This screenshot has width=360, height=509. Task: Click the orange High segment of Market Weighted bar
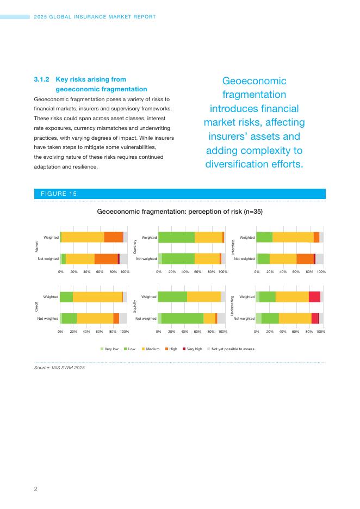click(114, 237)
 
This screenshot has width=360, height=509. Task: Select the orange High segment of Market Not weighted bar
click(106, 259)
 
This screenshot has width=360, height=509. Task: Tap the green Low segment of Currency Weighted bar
click(176, 237)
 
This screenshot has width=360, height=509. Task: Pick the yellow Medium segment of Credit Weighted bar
click(97, 296)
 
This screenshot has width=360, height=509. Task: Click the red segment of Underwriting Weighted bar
click(314, 296)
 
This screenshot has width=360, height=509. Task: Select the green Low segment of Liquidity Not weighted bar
click(182, 318)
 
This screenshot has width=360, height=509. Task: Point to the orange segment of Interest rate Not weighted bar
click(305, 259)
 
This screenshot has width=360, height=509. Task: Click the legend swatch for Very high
click(184, 349)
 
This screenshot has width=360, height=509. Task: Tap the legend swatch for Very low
click(102, 349)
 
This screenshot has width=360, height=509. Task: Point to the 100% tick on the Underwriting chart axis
click(321, 331)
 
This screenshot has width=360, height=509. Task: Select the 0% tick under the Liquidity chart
click(158, 331)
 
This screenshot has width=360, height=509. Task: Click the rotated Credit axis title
click(36, 307)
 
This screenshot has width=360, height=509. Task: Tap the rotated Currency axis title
click(134, 248)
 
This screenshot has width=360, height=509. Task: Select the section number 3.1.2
click(42, 79)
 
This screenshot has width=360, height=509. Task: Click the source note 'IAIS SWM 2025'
click(69, 368)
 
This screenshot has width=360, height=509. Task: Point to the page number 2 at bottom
click(36, 489)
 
